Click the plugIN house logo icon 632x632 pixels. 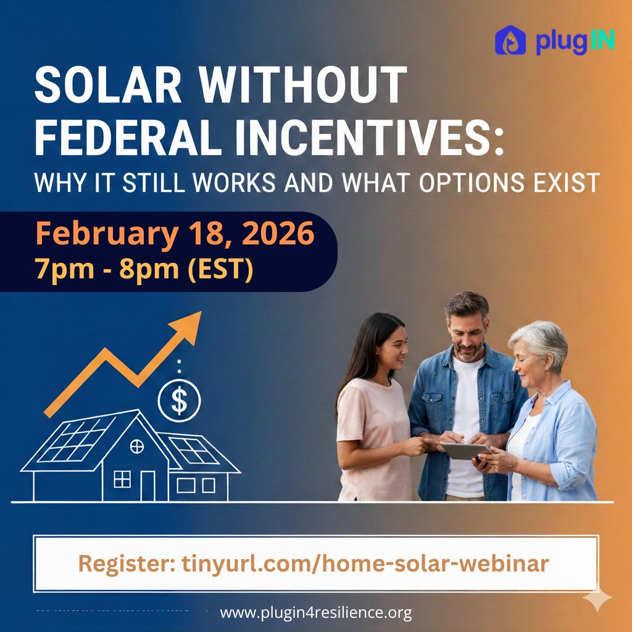click(x=510, y=40)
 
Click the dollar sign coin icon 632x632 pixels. click(x=179, y=401)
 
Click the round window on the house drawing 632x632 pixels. click(x=137, y=446)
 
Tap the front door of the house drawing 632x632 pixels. click(x=148, y=485)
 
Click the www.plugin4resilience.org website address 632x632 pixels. click(x=315, y=613)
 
